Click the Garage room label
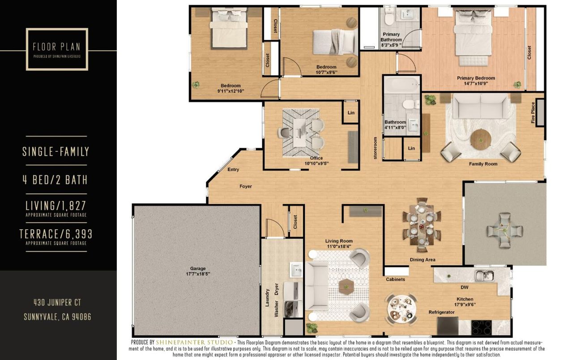pyautogui.click(x=197, y=271)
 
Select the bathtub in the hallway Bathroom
pyautogui.click(x=402, y=85)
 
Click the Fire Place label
pyautogui.click(x=533, y=113)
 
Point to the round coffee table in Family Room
pyautogui.click(x=480, y=139)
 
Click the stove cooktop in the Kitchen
pyautogui.click(x=482, y=327)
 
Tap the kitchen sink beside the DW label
pyautogui.click(x=484, y=275)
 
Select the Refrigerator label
pyautogui.click(x=442, y=312)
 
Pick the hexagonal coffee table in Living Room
pyautogui.click(x=346, y=287)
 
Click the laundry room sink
pyautogui.click(x=296, y=270)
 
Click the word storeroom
pyautogui.click(x=375, y=148)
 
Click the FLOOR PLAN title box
pyautogui.click(x=57, y=49)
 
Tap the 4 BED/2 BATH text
pyautogui.click(x=55, y=180)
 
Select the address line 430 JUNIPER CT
pyautogui.click(x=57, y=303)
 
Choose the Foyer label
pyautogui.click(x=246, y=186)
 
